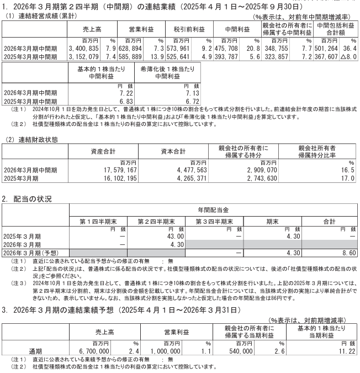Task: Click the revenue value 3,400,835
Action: pyautogui.click(x=82, y=49)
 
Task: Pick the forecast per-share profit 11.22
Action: pyautogui.click(x=345, y=350)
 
